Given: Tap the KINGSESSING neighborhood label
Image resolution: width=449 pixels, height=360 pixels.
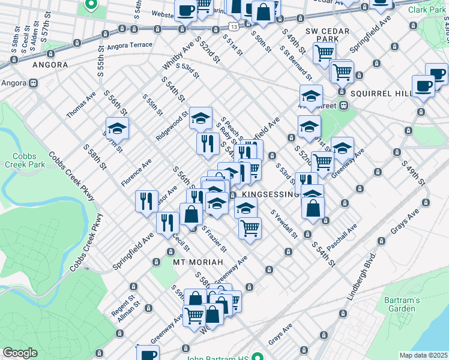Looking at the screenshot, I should [271, 194].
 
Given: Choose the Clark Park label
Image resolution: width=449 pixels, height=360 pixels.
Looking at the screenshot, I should [427, 10].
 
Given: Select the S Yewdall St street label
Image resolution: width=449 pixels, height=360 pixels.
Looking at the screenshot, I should [283, 223].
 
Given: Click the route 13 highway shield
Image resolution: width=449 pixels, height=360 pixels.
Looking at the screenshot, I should [233, 26].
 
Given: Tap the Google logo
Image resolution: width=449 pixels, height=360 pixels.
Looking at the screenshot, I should [20, 353].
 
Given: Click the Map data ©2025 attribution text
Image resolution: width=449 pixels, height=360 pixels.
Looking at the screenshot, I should [423, 355].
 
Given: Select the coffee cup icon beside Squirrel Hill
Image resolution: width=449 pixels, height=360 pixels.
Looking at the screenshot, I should [423, 85].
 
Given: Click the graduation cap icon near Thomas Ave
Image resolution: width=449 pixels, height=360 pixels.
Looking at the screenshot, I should [118, 127].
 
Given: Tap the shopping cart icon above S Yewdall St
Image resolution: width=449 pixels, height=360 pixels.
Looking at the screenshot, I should [250, 227].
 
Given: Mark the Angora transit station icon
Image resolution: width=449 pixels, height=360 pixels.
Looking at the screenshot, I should [34, 83].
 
